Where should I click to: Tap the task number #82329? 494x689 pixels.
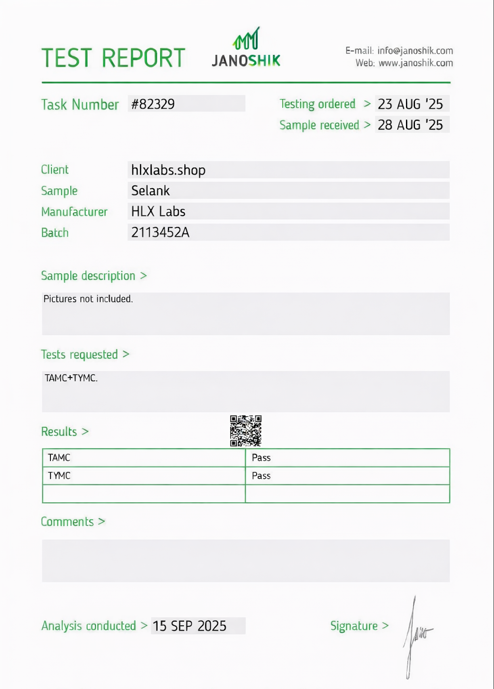153,104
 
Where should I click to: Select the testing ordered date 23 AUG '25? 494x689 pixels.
410,104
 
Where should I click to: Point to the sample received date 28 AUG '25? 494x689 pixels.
410,125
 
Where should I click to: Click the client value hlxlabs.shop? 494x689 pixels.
168,170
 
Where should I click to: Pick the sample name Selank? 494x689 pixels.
151,191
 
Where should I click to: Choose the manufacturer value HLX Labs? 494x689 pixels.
158,212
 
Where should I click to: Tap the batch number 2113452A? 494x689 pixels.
160,233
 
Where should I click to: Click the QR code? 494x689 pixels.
246,431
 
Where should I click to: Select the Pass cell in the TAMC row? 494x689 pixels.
261,458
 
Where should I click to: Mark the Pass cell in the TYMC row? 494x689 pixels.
261,476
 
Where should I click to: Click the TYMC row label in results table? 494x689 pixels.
59,476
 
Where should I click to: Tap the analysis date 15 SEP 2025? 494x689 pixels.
189,626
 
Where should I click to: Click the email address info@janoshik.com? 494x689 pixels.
415,51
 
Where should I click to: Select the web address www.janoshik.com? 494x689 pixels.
416,63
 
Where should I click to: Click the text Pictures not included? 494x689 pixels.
88,299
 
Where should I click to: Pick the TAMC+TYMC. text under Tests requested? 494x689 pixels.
71,378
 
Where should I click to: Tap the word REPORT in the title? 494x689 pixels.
143,58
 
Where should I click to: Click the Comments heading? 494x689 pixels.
67,522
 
